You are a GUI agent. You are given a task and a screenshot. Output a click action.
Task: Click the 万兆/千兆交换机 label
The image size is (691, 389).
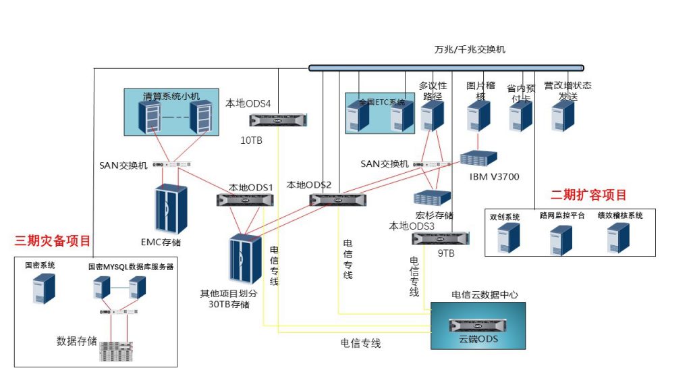click(x=470, y=50)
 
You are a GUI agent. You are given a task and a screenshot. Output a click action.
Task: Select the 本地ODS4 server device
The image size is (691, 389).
click(x=278, y=120)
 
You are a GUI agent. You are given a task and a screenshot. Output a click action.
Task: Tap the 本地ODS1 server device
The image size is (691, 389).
click(x=246, y=200)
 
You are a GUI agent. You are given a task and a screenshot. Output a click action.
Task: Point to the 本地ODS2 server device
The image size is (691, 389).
click(x=337, y=200)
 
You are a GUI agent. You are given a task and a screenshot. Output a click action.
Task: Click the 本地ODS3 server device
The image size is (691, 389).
click(x=441, y=238)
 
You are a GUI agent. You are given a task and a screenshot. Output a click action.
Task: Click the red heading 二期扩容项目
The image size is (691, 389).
click(x=588, y=195)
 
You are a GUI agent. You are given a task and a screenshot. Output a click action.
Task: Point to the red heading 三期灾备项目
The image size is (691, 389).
click(x=53, y=241)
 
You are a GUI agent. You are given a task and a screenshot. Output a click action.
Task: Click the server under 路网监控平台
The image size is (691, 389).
click(x=561, y=240)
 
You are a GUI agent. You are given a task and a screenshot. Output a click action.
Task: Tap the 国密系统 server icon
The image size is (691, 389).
click(x=44, y=288)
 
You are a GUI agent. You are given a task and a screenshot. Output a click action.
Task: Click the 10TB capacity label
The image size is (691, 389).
click(x=252, y=140)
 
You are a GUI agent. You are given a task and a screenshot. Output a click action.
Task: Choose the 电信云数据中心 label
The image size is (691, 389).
click(x=485, y=295)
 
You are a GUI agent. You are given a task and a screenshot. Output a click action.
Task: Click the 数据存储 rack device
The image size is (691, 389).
click(x=117, y=351)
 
